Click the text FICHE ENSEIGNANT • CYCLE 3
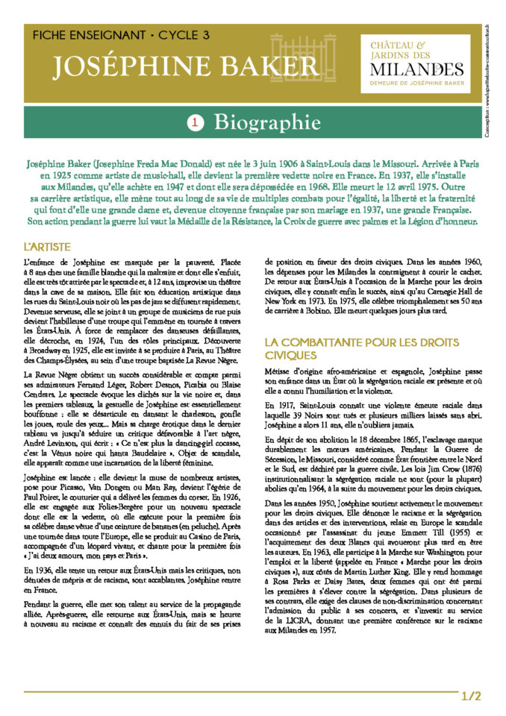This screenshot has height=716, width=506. pyautogui.click(x=121, y=35)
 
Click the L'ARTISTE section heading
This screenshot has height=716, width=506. pyautogui.click(x=47, y=245)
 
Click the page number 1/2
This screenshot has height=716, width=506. pyautogui.click(x=472, y=697)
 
